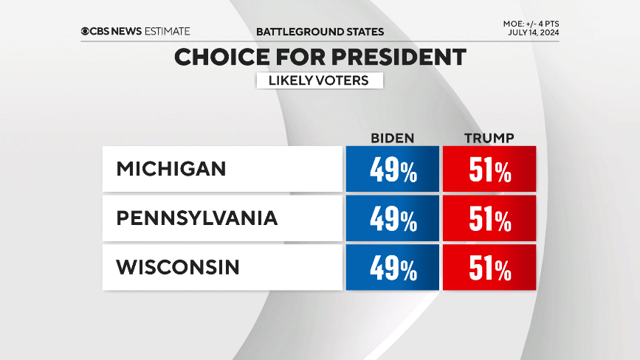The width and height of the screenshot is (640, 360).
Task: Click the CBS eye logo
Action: [86, 31]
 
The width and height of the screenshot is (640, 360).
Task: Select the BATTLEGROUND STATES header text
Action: [320, 32]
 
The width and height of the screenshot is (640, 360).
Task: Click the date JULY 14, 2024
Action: [533, 34]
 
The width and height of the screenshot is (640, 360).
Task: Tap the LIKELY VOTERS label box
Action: [320, 80]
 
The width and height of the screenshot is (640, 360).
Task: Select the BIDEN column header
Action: [392, 138]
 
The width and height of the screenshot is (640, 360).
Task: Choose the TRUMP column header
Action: [489, 138]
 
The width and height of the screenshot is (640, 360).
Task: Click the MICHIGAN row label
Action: [171, 169]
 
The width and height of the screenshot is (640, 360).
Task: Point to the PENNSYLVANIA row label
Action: [196, 218]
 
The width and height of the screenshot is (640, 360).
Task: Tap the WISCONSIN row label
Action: [178, 267]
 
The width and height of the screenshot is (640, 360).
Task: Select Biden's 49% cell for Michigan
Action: [392, 170]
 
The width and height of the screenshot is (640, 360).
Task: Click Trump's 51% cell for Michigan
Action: [489, 170]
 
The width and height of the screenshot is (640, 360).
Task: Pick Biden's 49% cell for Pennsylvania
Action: [392, 218]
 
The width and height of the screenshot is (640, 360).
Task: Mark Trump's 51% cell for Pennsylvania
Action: [489, 218]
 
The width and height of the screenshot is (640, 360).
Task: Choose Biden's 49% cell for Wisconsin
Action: [392, 268]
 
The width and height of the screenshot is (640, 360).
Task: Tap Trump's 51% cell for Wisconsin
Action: [489, 268]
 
